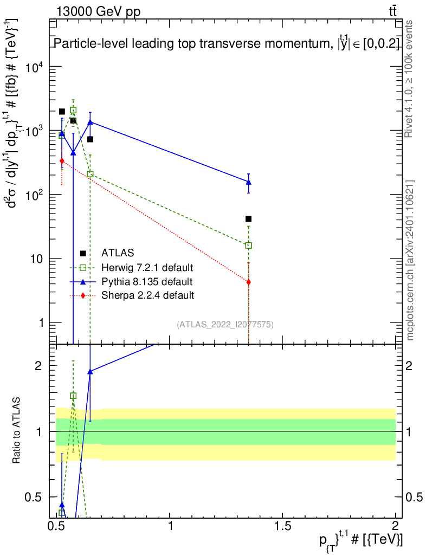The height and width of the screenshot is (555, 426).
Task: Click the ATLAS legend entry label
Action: coord(118,253)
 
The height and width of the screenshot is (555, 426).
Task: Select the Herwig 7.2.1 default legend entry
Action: coord(147,267)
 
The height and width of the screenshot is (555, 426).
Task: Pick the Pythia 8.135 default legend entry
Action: coord(147,282)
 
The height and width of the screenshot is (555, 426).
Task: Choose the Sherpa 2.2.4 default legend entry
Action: coord(147,295)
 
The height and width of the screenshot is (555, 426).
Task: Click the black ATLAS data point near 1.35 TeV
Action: coord(248,219)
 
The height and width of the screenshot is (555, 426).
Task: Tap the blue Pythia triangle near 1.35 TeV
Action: coord(248,182)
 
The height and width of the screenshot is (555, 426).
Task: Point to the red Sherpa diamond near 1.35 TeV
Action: coord(248,282)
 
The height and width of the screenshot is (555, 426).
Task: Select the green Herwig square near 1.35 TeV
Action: coord(248,246)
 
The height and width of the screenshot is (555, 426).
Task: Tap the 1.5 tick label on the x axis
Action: coord(282,525)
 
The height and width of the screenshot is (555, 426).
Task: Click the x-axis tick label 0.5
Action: coord(57,525)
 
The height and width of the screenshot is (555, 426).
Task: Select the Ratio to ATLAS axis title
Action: coord(16,430)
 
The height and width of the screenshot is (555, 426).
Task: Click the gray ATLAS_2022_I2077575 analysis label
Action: coord(225,325)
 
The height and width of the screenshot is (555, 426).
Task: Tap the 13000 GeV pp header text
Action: coord(98,12)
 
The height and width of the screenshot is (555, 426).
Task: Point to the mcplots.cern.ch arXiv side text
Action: coord(410,261)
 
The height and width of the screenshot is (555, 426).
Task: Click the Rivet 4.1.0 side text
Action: coord(409,79)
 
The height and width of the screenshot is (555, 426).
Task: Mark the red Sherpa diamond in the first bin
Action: coord(62,160)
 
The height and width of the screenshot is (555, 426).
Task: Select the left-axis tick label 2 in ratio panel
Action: coord(38,366)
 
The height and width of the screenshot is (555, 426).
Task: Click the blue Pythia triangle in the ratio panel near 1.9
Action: coord(90,371)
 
